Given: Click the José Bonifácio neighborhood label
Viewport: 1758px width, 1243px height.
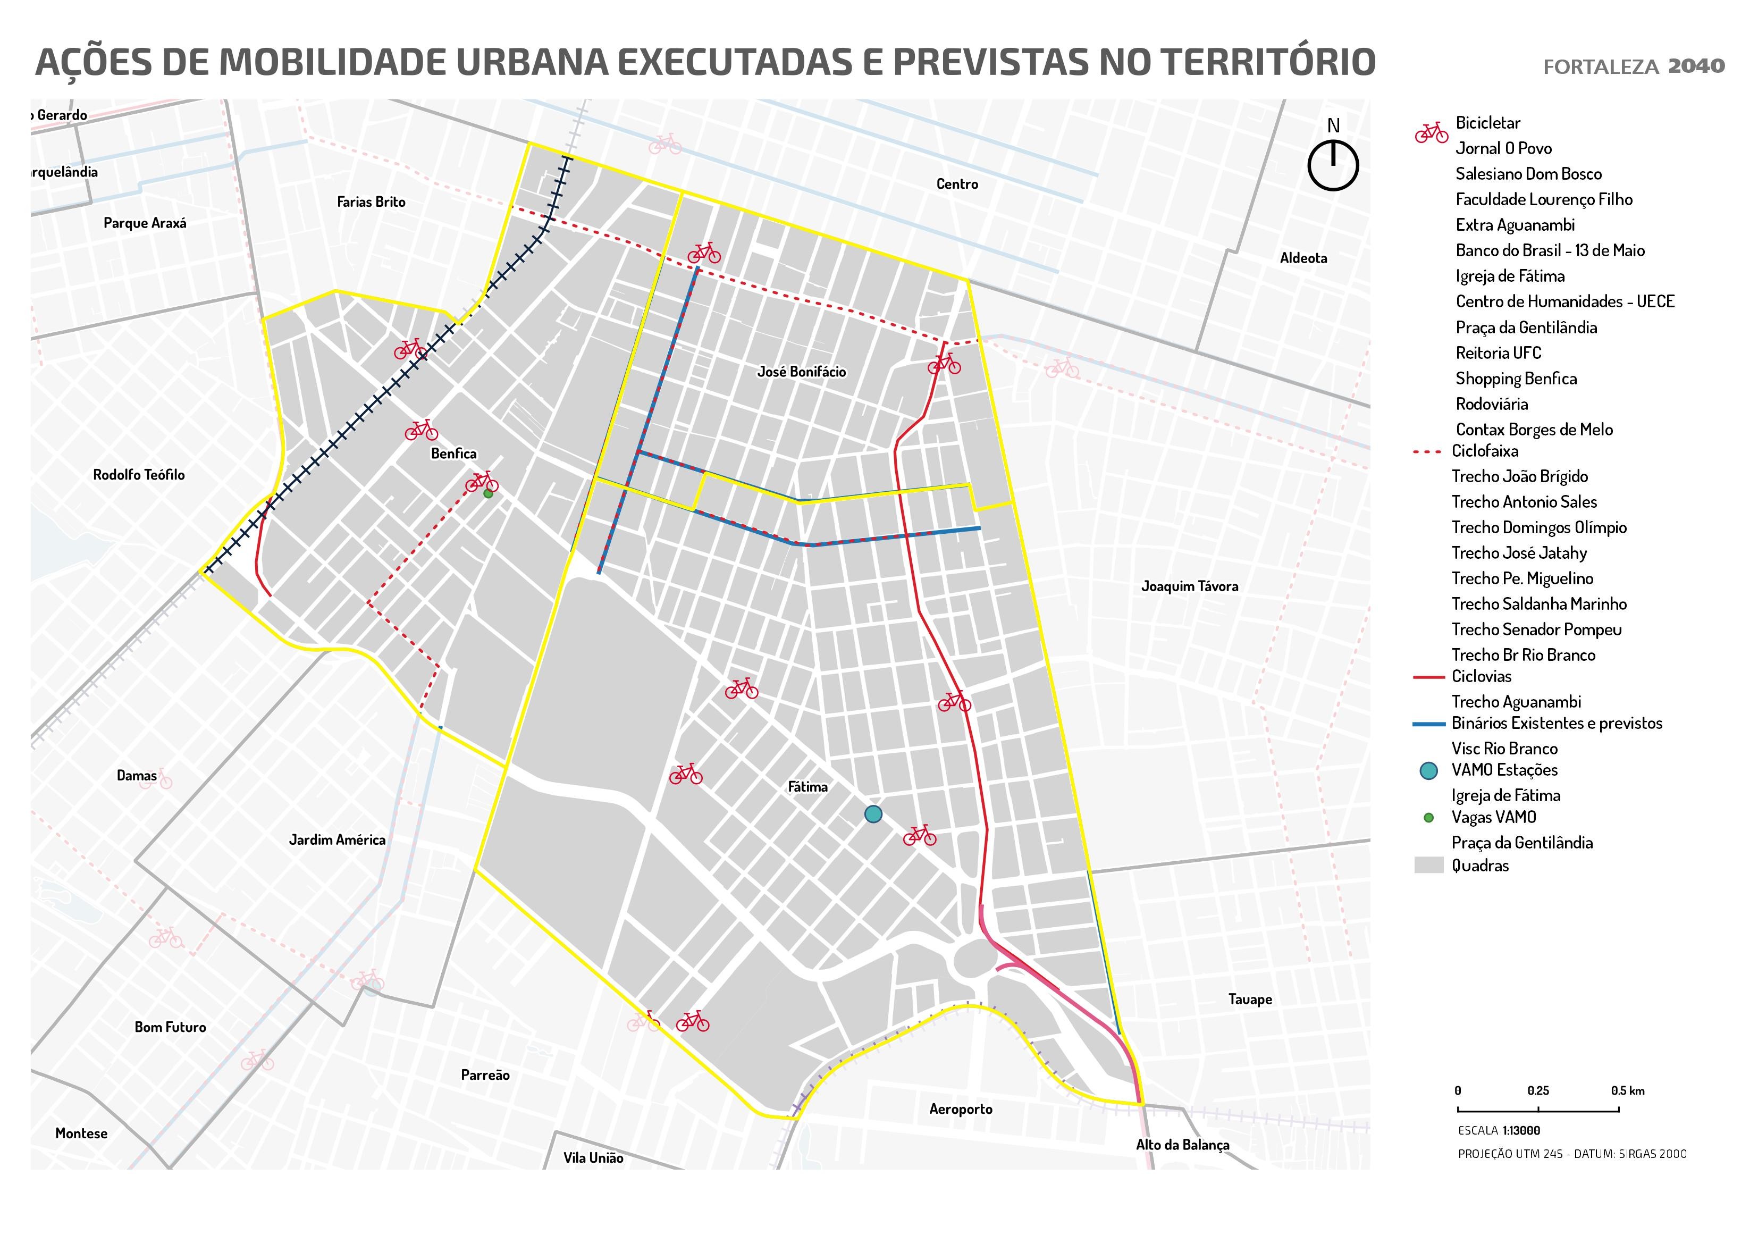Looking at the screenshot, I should pos(801,372).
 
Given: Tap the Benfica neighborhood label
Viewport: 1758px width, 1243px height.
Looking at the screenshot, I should pos(453,453).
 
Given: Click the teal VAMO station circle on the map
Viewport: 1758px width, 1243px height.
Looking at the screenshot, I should pos(873,814).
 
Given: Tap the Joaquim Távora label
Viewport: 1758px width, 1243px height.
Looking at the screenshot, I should pos(1189,586).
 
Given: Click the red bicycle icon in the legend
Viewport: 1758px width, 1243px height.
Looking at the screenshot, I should pos(1431,132).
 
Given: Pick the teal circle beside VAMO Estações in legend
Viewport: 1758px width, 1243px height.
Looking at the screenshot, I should pos(1428,770).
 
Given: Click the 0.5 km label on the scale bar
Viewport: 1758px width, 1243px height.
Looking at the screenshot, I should pos(1627,1090).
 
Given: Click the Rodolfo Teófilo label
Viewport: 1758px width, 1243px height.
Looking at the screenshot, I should pos(139,475).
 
